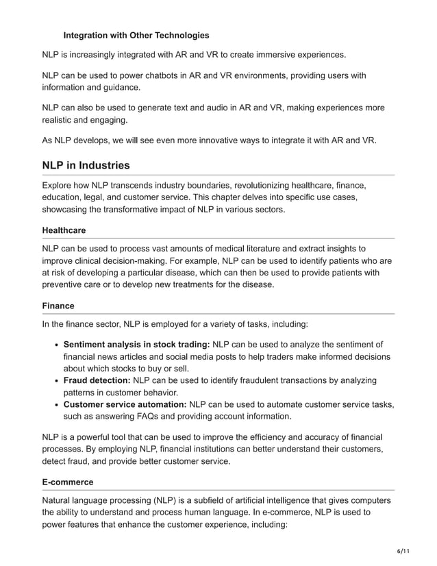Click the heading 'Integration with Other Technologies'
[x=136, y=35]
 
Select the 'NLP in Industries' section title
[x=86, y=165]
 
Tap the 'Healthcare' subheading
[x=64, y=230]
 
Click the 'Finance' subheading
[x=58, y=306]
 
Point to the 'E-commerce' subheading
[x=68, y=482]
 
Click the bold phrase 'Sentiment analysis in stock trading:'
[x=136, y=344]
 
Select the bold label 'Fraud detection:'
[x=97, y=380]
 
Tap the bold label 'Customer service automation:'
[x=125, y=405]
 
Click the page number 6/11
[x=405, y=551]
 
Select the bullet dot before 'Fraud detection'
[x=54, y=380]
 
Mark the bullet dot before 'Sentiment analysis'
[x=54, y=344]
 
